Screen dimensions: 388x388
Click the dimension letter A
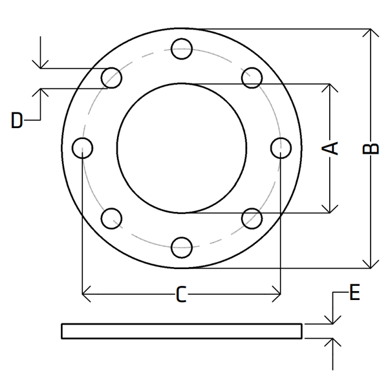pyautogui.click(x=330, y=148)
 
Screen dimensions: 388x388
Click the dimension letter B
pyautogui.click(x=371, y=149)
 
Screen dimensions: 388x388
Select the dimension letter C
pyautogui.click(x=181, y=294)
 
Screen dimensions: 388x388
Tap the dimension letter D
pyautogui.click(x=17, y=120)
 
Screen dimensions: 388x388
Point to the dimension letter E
pyautogui.click(x=354, y=292)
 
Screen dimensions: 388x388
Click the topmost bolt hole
pyautogui.click(x=182, y=49)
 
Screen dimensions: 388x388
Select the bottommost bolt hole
pyautogui.click(x=182, y=248)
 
